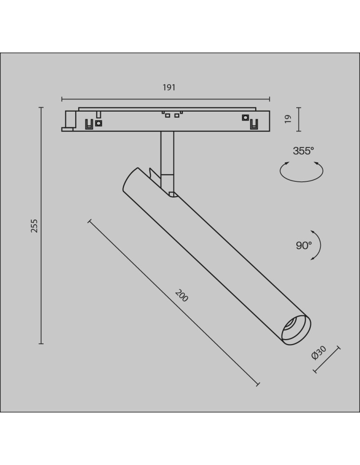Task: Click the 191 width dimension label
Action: [169, 87]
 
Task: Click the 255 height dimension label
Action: [34, 226]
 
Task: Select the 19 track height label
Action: [288, 119]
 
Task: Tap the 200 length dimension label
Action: [181, 296]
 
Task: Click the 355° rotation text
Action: [303, 151]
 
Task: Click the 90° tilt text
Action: [303, 246]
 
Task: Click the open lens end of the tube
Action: [296, 330]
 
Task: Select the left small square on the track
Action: [99, 123]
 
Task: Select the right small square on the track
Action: [245, 118]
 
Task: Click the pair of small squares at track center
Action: [170, 115]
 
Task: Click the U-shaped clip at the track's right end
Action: [253, 124]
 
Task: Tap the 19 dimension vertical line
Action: [299, 120]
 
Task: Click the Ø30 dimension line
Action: [327, 359]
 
